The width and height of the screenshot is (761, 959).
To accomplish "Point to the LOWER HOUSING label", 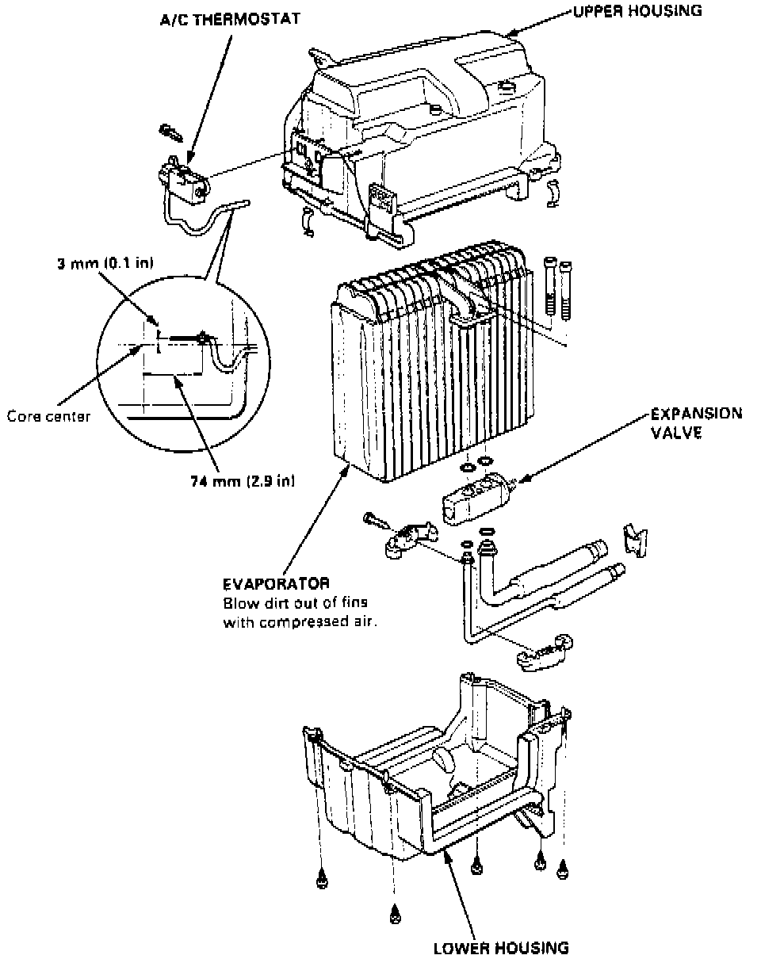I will click(x=501, y=947).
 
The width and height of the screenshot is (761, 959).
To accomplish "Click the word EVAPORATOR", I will click(x=276, y=584).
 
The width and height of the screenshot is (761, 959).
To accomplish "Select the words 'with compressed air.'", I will click(x=299, y=622).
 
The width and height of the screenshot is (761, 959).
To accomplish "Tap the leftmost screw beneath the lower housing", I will click(x=322, y=880).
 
